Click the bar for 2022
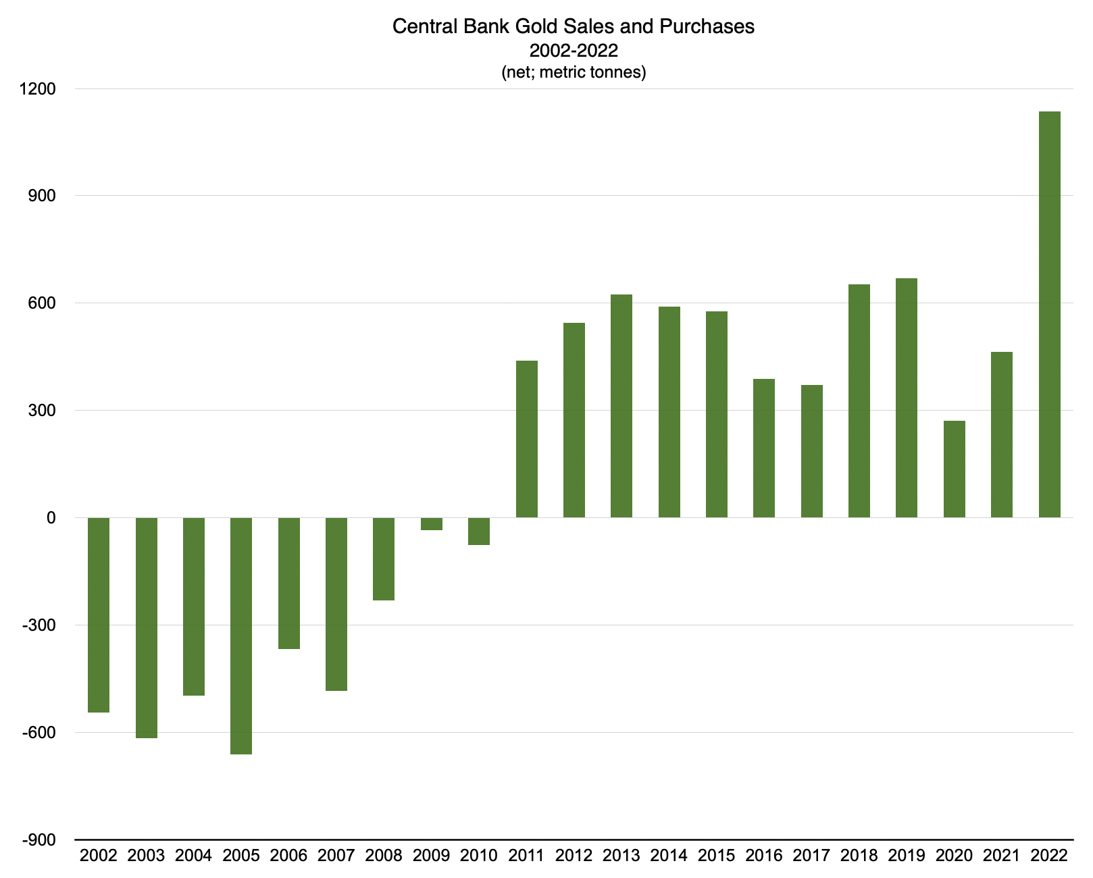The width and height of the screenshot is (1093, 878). click(1049, 314)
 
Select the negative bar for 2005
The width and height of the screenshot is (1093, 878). click(241, 636)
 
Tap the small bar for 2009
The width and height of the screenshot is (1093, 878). click(431, 524)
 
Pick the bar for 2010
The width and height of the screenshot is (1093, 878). click(479, 531)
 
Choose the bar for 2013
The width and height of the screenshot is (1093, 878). click(621, 406)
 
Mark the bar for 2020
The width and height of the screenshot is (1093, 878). click(954, 469)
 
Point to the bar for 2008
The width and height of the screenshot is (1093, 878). click(384, 559)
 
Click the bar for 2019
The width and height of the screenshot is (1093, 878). click(907, 398)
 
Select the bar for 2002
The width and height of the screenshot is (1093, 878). click(99, 615)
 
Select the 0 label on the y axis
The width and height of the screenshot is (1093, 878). click(51, 518)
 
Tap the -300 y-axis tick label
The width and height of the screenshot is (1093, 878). click(39, 625)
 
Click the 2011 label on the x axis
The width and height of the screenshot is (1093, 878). click(526, 856)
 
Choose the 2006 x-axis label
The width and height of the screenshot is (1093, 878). click(288, 856)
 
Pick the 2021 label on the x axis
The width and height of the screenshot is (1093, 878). click(1001, 856)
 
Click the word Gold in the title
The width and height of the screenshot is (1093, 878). click(538, 26)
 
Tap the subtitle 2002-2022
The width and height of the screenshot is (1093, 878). click(574, 50)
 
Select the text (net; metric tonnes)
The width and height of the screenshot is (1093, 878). click(574, 72)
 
